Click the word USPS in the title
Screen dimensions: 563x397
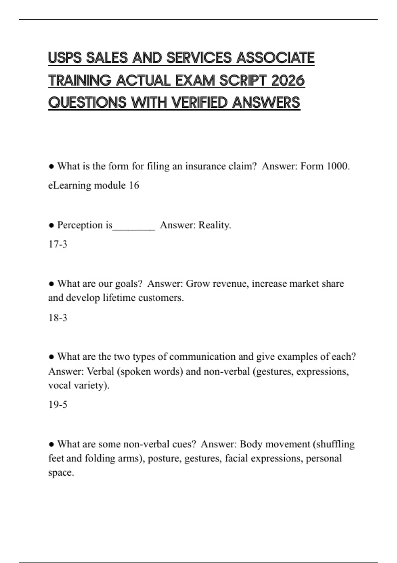pyautogui.click(x=65, y=58)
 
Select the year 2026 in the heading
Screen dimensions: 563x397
pyautogui.click(x=287, y=80)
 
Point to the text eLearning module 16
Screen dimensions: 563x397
pyautogui.click(x=94, y=185)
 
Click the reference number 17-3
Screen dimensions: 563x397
pyautogui.click(x=58, y=244)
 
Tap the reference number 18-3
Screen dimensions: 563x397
pyautogui.click(x=58, y=318)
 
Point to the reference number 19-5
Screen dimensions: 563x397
pyautogui.click(x=58, y=405)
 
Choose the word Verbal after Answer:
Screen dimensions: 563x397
pyautogui.click(x=100, y=371)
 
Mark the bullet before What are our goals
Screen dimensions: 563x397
pyautogui.click(x=51, y=284)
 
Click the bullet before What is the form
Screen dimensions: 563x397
pyautogui.click(x=51, y=166)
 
